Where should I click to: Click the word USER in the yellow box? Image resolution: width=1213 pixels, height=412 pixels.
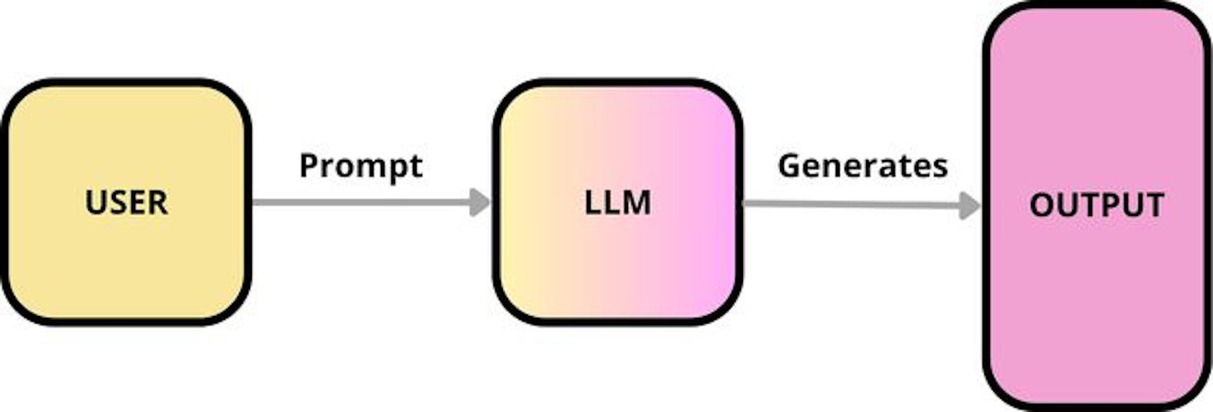[x=126, y=202]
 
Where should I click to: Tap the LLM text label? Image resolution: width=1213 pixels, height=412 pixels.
[x=617, y=203]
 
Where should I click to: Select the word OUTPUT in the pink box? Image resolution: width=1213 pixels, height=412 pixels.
[x=1097, y=205]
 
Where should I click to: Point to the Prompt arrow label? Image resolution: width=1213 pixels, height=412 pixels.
[x=361, y=166]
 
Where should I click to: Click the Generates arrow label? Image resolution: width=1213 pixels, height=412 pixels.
[x=862, y=166]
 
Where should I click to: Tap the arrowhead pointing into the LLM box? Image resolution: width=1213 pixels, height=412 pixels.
[x=480, y=202]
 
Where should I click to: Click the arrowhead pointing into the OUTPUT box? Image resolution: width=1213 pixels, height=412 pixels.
[x=969, y=205]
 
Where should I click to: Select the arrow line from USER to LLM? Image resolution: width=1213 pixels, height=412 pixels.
[x=360, y=202]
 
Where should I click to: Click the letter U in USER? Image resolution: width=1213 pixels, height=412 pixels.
[x=95, y=203]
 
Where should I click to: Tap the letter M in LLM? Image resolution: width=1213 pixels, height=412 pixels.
[x=637, y=203]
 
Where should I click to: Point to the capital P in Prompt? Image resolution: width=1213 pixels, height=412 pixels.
[x=308, y=166]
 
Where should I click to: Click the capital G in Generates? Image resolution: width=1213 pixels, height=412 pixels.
[x=789, y=166]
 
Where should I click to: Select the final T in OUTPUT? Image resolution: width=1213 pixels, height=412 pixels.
[x=1154, y=205]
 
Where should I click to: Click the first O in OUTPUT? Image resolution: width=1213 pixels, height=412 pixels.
[x=1042, y=205]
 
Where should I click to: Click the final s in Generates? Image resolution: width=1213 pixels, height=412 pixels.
[x=941, y=167]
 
